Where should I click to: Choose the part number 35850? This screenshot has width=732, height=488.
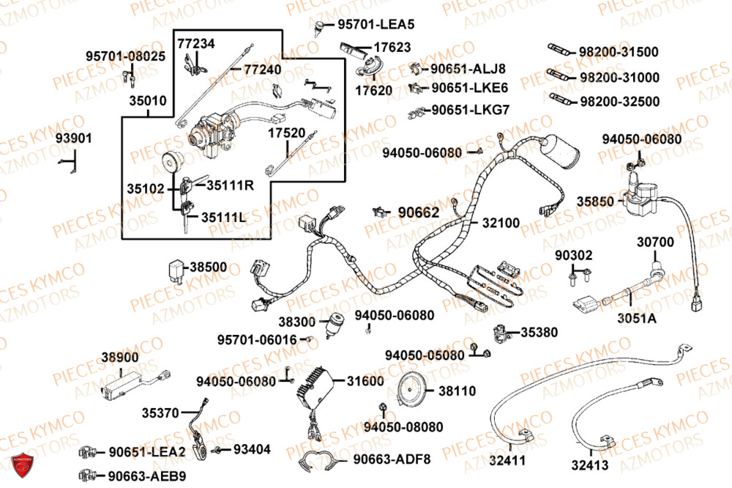pyautogui.click(x=594, y=199)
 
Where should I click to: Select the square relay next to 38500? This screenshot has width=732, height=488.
pyautogui.click(x=178, y=268)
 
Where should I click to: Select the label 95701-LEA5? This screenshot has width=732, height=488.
pyautogui.click(x=376, y=24)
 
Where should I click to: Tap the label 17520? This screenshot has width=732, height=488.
pyautogui.click(x=286, y=133)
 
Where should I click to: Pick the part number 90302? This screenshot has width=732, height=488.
pyautogui.click(x=573, y=256)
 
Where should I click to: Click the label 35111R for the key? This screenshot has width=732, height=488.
pyautogui.click(x=230, y=185)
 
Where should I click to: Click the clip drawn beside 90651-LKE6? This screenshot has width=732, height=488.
pyautogui.click(x=416, y=89)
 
